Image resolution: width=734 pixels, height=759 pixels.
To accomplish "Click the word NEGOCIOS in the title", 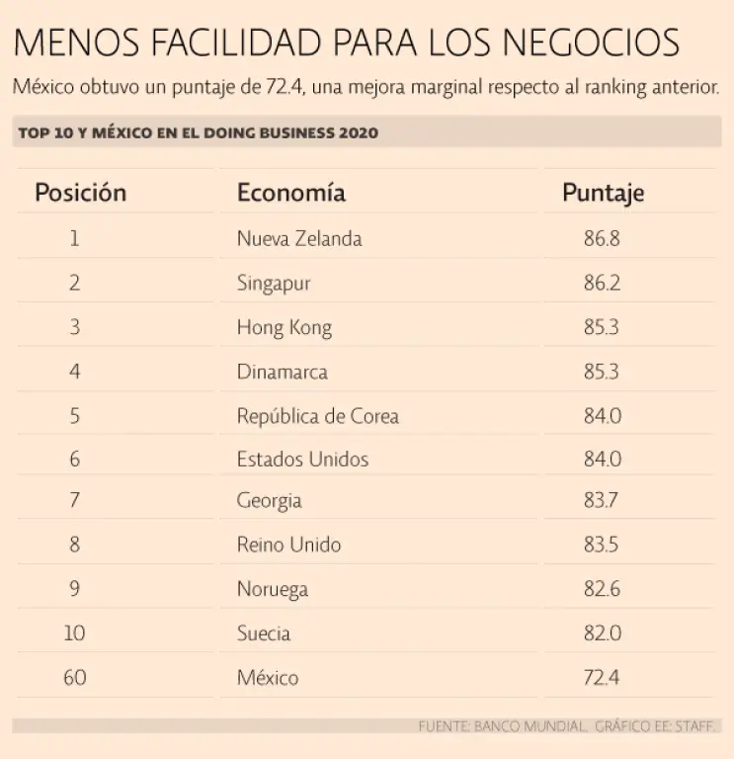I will pyautogui.click(x=594, y=43).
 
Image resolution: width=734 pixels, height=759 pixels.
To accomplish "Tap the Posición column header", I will pyautogui.click(x=81, y=192).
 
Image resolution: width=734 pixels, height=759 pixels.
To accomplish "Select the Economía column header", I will pyautogui.click(x=291, y=192).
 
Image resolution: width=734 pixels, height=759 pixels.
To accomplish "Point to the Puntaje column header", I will pyautogui.click(x=604, y=192).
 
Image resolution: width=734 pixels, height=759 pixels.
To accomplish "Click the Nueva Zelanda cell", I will pyautogui.click(x=299, y=238).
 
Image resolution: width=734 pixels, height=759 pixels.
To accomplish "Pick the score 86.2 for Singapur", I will pyautogui.click(x=602, y=283).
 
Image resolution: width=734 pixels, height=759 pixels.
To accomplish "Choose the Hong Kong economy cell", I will pyautogui.click(x=285, y=327).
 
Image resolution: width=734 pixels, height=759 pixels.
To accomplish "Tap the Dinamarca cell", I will pyautogui.click(x=283, y=372).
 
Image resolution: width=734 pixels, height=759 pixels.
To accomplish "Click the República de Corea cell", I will pyautogui.click(x=318, y=416).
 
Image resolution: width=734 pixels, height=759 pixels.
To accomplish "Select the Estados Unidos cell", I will pyautogui.click(x=302, y=460).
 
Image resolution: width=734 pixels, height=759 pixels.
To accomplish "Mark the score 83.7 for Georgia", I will pyautogui.click(x=601, y=500).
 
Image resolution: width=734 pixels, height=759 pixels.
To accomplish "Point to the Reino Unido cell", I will pyautogui.click(x=288, y=545).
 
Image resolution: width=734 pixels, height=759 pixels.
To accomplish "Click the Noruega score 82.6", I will pyautogui.click(x=602, y=589).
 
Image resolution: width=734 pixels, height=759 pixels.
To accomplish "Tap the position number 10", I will pyautogui.click(x=74, y=633).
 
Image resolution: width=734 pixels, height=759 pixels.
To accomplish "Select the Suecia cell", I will pyautogui.click(x=264, y=633).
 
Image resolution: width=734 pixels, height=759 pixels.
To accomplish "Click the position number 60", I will pyautogui.click(x=74, y=678).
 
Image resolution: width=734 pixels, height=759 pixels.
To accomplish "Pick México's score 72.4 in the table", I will pyautogui.click(x=602, y=678).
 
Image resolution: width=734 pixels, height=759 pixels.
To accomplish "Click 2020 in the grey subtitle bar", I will pyautogui.click(x=359, y=132).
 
